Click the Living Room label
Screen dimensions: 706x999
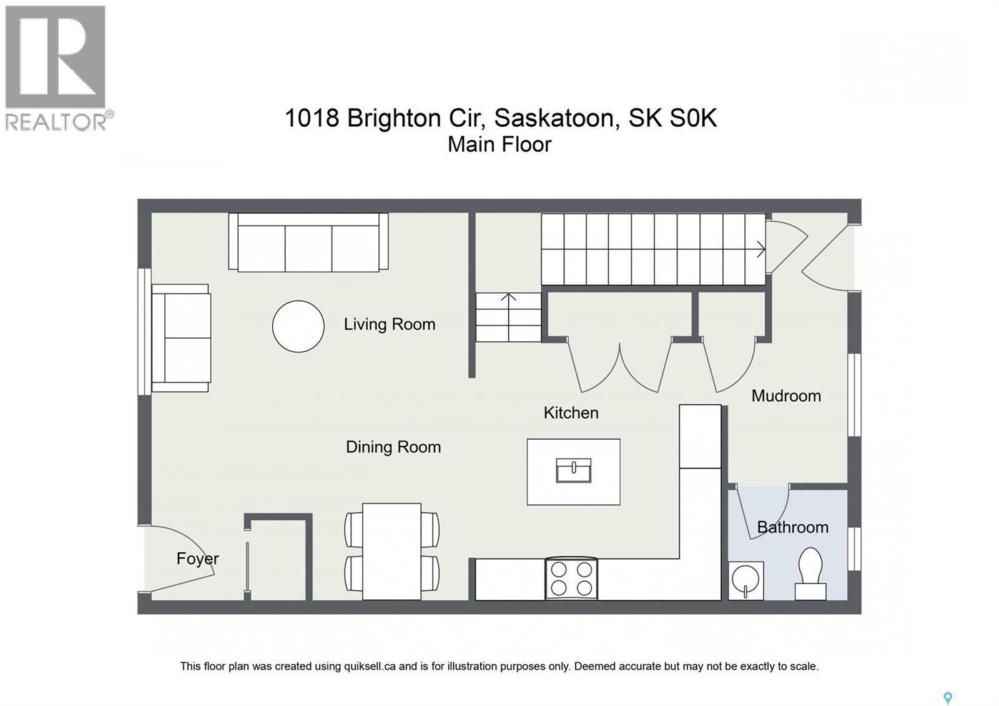point(389,324)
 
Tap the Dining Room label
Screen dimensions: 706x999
point(393,447)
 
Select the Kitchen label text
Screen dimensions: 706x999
point(571,412)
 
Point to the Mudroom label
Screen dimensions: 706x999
point(785,395)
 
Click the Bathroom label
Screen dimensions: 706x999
point(792,527)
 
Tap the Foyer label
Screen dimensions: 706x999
point(197,559)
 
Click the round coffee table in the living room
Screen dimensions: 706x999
point(298,326)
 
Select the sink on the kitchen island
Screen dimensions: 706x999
point(573,470)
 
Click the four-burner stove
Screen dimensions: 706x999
point(571,579)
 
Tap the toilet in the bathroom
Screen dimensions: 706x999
point(810,572)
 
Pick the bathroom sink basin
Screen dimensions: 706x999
point(745,580)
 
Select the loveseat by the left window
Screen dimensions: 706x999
point(181,338)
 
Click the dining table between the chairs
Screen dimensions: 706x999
point(391,551)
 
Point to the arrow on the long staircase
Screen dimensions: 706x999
point(760,249)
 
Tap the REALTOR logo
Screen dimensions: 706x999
point(56,67)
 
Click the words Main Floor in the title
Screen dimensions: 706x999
point(499,144)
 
